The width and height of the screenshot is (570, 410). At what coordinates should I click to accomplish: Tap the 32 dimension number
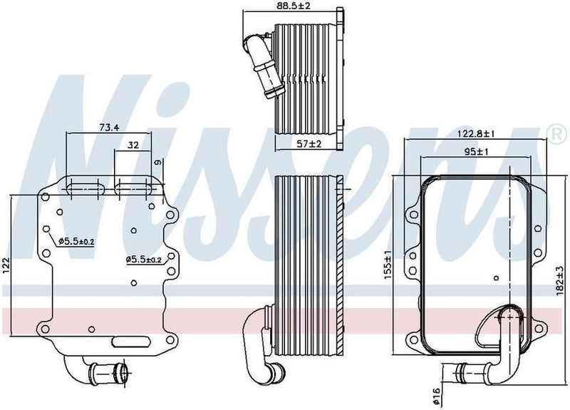tap(133, 145)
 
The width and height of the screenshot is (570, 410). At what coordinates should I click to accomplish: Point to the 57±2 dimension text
tap(309, 144)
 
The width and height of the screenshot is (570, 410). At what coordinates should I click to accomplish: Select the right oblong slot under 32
tap(133, 188)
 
